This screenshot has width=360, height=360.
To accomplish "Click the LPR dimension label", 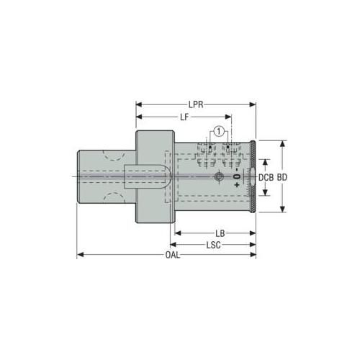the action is (196, 104).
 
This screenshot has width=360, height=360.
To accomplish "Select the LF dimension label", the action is (184, 117).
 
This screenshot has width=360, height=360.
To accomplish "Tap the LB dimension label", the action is (220, 233).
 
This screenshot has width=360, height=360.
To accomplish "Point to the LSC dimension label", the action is (213, 245).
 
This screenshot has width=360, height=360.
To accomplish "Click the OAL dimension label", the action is (173, 255).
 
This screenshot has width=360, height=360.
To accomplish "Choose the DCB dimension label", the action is (266, 178).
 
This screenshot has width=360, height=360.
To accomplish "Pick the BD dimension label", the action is (282, 178).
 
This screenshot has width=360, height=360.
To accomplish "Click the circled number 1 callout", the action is (218, 132).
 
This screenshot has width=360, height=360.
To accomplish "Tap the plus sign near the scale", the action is (237, 185).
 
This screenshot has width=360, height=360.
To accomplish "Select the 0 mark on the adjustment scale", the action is (237, 177).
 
